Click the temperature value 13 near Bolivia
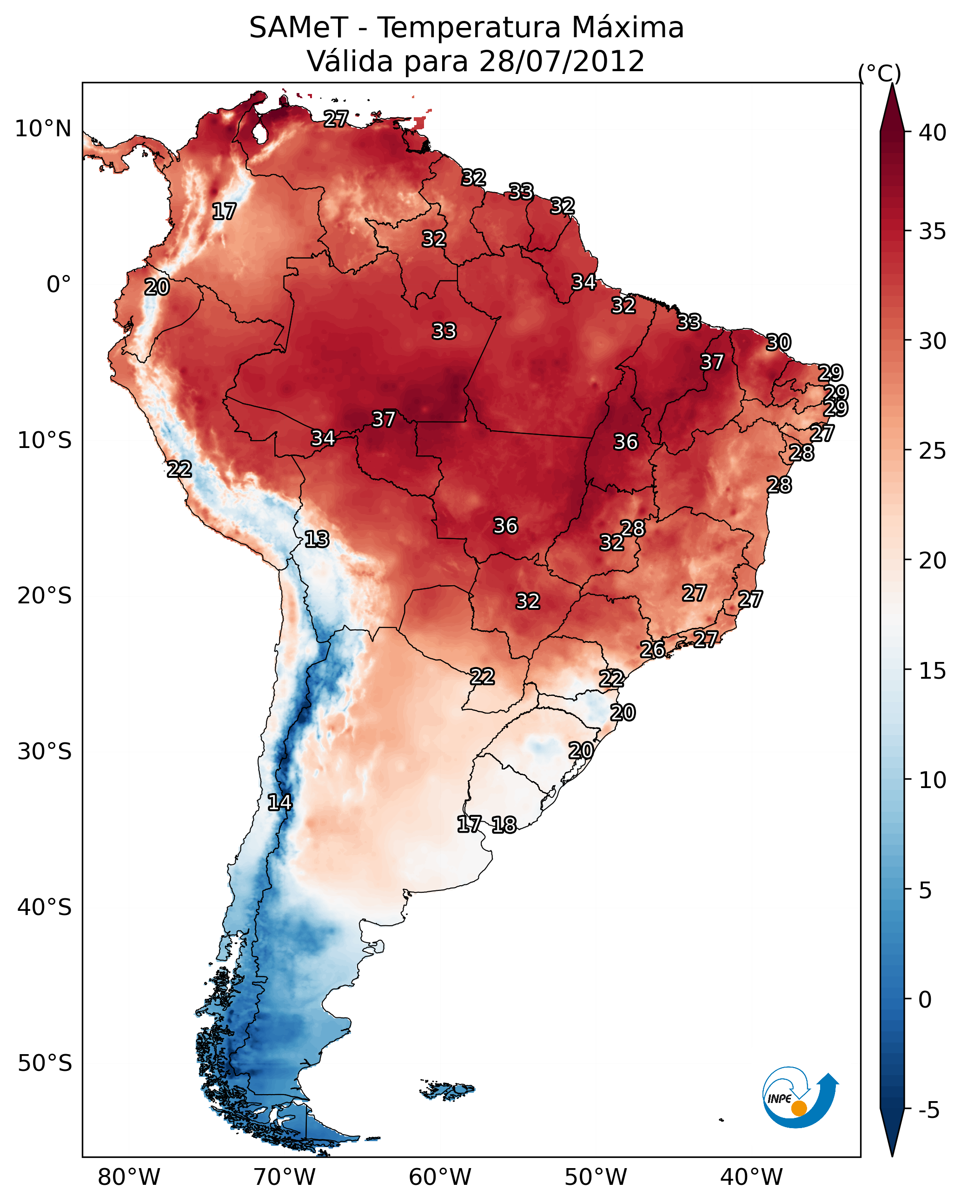click(x=317, y=539)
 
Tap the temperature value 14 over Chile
click(x=279, y=802)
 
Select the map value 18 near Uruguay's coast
click(x=504, y=825)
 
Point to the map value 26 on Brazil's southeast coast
click(x=652, y=649)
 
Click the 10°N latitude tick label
click(x=43, y=129)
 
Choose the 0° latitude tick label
click(x=59, y=285)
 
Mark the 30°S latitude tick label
click(x=44, y=752)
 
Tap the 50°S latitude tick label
click(x=44, y=1063)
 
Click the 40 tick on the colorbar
click(x=933, y=133)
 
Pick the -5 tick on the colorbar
click(x=928, y=1110)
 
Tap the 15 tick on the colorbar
click(x=933, y=671)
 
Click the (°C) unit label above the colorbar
click(x=880, y=73)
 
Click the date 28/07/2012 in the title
click(x=561, y=61)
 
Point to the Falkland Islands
click(x=448, y=1090)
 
